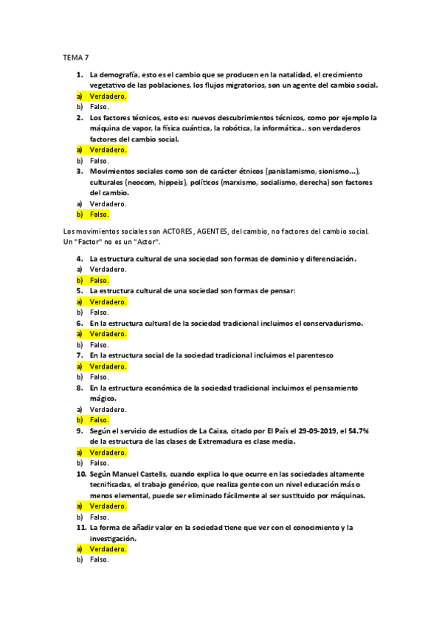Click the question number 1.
click(x=79, y=74)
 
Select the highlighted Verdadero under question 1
click(x=108, y=96)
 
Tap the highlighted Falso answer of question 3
click(x=99, y=214)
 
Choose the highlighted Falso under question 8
click(x=99, y=419)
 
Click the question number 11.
click(x=81, y=527)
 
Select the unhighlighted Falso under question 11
click(x=99, y=559)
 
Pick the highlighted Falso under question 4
click(x=99, y=280)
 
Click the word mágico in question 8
click(x=103, y=398)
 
